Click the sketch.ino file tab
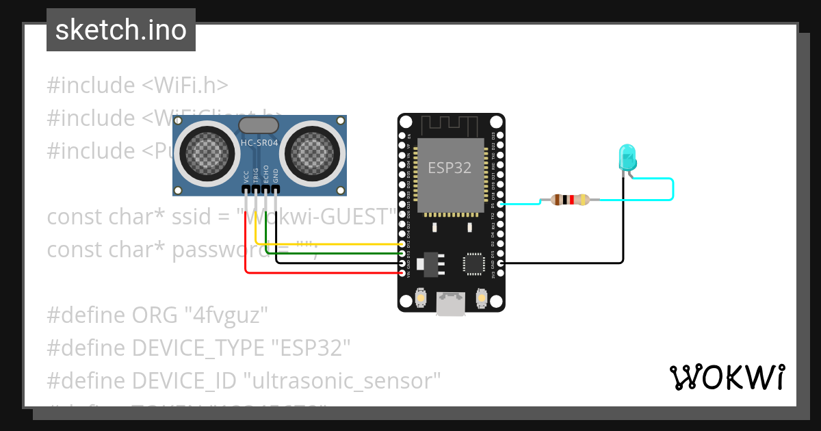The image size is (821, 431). coord(121,30)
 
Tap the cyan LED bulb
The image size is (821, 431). coord(627,157)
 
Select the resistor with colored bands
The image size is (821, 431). coord(565,200)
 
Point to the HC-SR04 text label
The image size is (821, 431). coord(259,142)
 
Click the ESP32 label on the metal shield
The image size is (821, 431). coord(449,168)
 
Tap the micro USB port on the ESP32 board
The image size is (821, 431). coord(451,304)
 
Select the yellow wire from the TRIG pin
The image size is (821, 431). coord(328,244)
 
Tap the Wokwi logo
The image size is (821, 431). coord(727,378)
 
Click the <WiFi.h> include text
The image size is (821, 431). coord(185,86)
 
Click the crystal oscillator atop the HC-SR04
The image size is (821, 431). coord(258,125)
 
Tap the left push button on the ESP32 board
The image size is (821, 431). coord(421,298)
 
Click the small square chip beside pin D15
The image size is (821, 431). coord(474,263)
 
